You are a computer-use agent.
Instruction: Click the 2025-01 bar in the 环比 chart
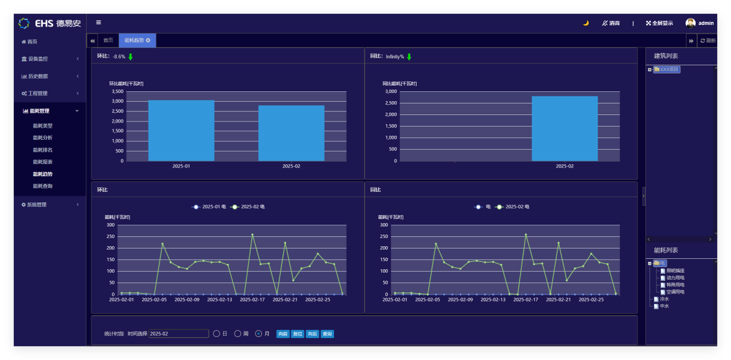(x=181, y=131)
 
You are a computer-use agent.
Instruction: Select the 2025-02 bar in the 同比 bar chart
(x=565, y=128)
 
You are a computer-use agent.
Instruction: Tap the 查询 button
(x=327, y=334)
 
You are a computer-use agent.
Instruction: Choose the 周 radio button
(x=238, y=333)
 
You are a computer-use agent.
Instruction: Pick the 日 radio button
(x=217, y=333)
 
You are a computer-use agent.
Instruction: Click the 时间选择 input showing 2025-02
(x=178, y=333)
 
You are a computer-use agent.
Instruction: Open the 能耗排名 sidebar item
(x=43, y=150)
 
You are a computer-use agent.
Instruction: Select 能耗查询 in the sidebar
(x=43, y=186)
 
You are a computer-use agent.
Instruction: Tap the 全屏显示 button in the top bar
(x=659, y=23)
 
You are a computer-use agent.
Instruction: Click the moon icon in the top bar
(x=585, y=23)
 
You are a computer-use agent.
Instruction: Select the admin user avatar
(x=691, y=23)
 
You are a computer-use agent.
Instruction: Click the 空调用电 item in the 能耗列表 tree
(x=675, y=292)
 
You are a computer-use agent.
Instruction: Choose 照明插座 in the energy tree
(x=675, y=270)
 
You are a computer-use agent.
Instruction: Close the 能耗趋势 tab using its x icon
(x=149, y=40)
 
